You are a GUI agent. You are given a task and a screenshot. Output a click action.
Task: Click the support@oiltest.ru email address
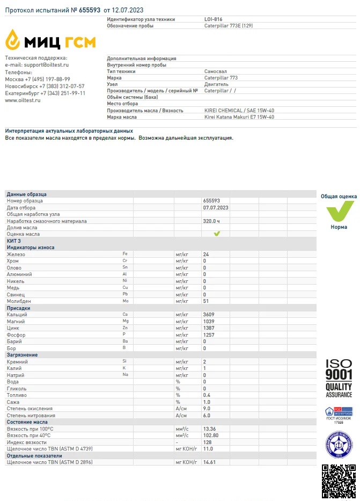click(47, 65)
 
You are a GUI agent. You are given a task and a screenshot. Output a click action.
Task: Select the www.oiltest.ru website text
click(23, 100)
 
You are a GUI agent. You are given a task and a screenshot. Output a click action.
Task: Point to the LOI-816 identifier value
click(213, 19)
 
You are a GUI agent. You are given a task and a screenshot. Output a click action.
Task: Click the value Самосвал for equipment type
click(216, 71)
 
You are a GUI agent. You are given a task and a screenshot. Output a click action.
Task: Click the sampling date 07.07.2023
click(216, 207)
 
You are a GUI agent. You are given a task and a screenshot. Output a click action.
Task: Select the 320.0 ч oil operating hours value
click(212, 221)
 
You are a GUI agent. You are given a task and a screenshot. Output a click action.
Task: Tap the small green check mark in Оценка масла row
click(217, 234)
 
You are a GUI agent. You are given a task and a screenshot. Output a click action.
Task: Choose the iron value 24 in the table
click(206, 254)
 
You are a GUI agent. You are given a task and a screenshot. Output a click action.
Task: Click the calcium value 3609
click(209, 315)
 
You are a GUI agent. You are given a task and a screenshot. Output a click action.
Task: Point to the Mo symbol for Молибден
click(126, 301)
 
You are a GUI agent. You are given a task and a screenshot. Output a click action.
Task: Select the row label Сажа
click(13, 402)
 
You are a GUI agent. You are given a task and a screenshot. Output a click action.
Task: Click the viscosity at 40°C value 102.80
click(210, 435)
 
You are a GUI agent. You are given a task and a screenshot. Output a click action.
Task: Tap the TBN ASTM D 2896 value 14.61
click(209, 462)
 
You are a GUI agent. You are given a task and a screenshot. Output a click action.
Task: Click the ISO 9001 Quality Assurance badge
click(339, 379)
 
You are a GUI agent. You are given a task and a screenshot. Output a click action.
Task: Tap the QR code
click(339, 481)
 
